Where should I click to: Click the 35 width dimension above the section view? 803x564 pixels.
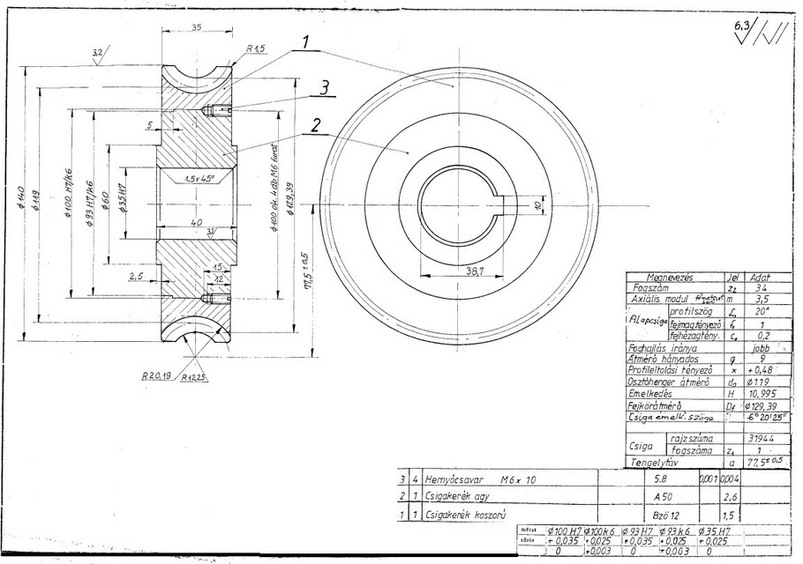(x=195, y=27)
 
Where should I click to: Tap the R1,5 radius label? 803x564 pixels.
(x=257, y=49)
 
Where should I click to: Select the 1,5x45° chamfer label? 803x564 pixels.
(x=202, y=178)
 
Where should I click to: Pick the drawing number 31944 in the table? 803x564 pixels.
(x=759, y=436)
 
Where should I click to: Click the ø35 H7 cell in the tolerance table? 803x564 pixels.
(x=716, y=531)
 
